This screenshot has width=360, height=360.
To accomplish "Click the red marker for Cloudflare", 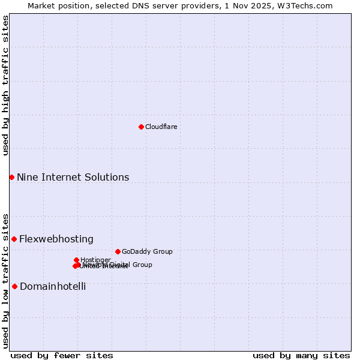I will tap(141, 127).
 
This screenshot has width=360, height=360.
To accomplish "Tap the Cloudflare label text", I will tap(161, 127).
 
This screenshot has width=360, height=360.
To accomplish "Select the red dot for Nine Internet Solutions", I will tap(11, 177).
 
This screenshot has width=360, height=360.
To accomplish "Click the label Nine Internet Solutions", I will tap(73, 177).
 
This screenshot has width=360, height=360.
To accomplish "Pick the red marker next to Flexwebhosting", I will tap(14, 239).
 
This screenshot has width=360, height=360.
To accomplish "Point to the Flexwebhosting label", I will tap(56, 239).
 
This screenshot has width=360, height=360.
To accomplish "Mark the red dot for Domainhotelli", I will tap(14, 286).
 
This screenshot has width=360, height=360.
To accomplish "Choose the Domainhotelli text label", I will tap(53, 286).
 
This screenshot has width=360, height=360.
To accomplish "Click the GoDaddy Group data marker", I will tap(118, 251).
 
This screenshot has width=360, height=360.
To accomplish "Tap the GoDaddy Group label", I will tap(147, 251).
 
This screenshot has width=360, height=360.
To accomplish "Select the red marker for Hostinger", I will tap(76, 260).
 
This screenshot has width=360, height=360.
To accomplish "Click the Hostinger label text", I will tap(95, 260).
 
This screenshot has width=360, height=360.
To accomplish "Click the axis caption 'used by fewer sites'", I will tap(62, 355).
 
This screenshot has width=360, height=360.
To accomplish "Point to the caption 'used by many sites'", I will tap(301, 355).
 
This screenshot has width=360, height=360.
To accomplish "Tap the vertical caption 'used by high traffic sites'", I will tap(5, 85).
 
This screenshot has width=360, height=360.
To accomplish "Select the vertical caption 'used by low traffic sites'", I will tap(5, 280).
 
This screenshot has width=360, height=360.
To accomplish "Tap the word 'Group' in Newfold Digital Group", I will tap(142, 265).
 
